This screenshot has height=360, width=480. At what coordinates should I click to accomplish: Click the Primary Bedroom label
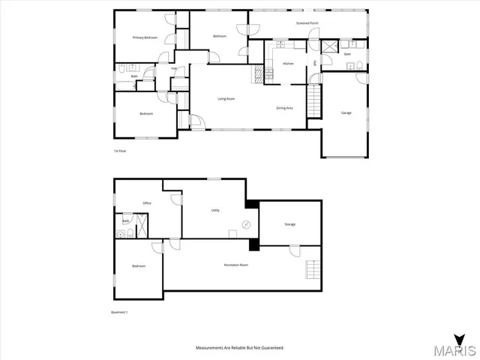(x=144, y=37)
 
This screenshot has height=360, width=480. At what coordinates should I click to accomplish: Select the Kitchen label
(x=287, y=64)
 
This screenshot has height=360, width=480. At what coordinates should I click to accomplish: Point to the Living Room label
(x=226, y=99)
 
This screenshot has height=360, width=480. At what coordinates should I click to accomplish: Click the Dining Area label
(x=284, y=108)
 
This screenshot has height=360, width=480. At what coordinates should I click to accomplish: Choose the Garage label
(x=346, y=113)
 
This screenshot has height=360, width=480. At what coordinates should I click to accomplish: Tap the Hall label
(x=173, y=70)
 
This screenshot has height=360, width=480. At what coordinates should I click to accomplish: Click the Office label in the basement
(x=147, y=203)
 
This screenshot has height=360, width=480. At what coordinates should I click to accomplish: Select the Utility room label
(x=215, y=211)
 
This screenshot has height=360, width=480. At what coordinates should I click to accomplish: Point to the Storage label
(x=289, y=224)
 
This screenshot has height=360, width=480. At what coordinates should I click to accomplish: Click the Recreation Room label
(x=235, y=265)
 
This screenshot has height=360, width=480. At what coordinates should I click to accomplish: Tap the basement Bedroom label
(x=139, y=266)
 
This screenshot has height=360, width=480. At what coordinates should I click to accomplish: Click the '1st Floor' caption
(x=118, y=152)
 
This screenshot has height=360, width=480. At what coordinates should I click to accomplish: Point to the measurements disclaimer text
(x=240, y=348)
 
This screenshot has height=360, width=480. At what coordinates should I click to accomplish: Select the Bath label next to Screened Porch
(x=347, y=54)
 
